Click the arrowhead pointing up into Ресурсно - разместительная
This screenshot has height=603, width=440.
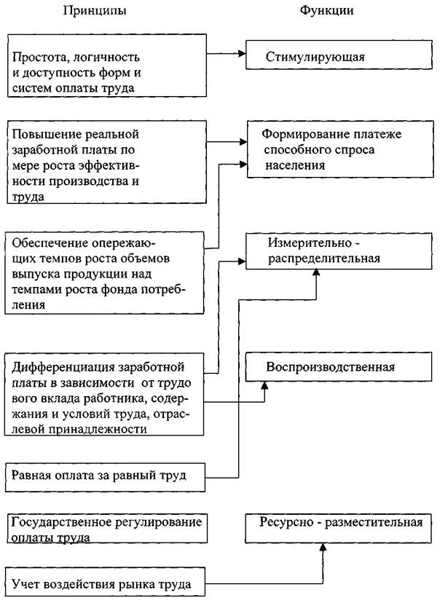pos(321,548)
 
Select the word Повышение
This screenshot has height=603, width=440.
pos(43,135)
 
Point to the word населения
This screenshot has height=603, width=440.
pos(295,166)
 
